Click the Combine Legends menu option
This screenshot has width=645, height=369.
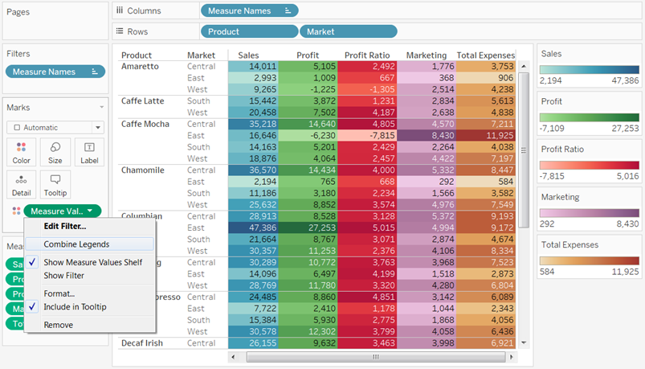tap(76, 244)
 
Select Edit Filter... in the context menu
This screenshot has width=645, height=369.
tap(64, 226)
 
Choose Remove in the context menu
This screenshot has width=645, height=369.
tap(58, 325)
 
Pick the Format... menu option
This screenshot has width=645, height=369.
tap(59, 293)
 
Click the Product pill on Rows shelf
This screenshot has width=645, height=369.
tap(248, 31)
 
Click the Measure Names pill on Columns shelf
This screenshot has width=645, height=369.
tap(248, 10)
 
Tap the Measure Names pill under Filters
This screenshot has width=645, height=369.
tap(54, 72)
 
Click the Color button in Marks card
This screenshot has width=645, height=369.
tap(22, 152)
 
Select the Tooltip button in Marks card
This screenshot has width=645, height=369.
tap(55, 185)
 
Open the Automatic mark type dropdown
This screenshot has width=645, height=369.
tap(55, 127)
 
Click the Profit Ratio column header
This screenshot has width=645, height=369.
tap(367, 55)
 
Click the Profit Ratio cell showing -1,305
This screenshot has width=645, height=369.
tap(367, 89)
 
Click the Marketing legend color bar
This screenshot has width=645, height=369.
tap(589, 212)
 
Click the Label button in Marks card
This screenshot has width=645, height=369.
tap(88, 152)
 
